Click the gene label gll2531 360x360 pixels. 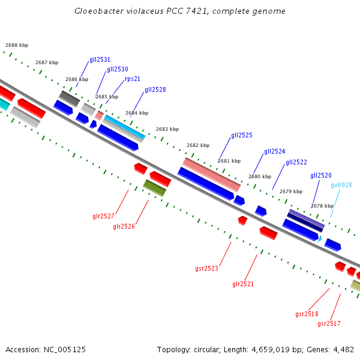[x=100, y=59]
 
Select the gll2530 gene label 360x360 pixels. [x=117, y=69]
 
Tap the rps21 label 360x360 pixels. [x=133, y=79]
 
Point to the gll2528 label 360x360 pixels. [x=155, y=89]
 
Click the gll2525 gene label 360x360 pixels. [x=242, y=136]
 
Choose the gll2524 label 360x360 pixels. [x=274, y=151]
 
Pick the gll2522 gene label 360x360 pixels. [x=296, y=162]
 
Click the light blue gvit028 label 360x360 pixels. [x=341, y=185]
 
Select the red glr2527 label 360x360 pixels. [x=103, y=216]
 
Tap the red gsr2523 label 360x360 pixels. [x=206, y=268]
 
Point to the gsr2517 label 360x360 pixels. [x=329, y=323]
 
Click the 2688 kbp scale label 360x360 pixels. [x=17, y=45]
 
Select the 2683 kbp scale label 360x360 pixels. [x=167, y=129]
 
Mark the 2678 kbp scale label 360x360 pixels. [x=322, y=206]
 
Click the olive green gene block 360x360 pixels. [x=155, y=188]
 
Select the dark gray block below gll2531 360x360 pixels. [x=69, y=98]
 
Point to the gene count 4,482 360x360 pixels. [x=343, y=349]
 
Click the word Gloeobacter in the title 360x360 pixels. [x=97, y=11]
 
